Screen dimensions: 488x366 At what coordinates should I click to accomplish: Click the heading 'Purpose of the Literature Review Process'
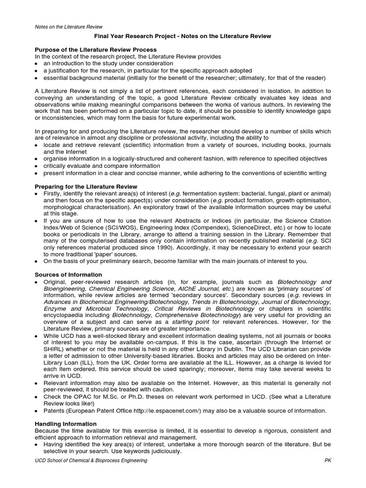(x=96, y=50)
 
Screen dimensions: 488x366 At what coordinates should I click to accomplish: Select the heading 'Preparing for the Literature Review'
(x=86, y=186)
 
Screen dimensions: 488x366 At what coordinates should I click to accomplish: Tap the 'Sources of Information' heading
(x=69, y=274)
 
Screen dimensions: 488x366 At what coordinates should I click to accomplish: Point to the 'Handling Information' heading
(x=66, y=424)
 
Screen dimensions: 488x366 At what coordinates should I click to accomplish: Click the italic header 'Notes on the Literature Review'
(x=69, y=27)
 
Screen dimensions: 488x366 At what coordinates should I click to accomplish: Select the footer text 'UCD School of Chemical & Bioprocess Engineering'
(x=91, y=461)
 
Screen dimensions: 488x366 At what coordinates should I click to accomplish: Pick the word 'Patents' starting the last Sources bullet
(x=54, y=411)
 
